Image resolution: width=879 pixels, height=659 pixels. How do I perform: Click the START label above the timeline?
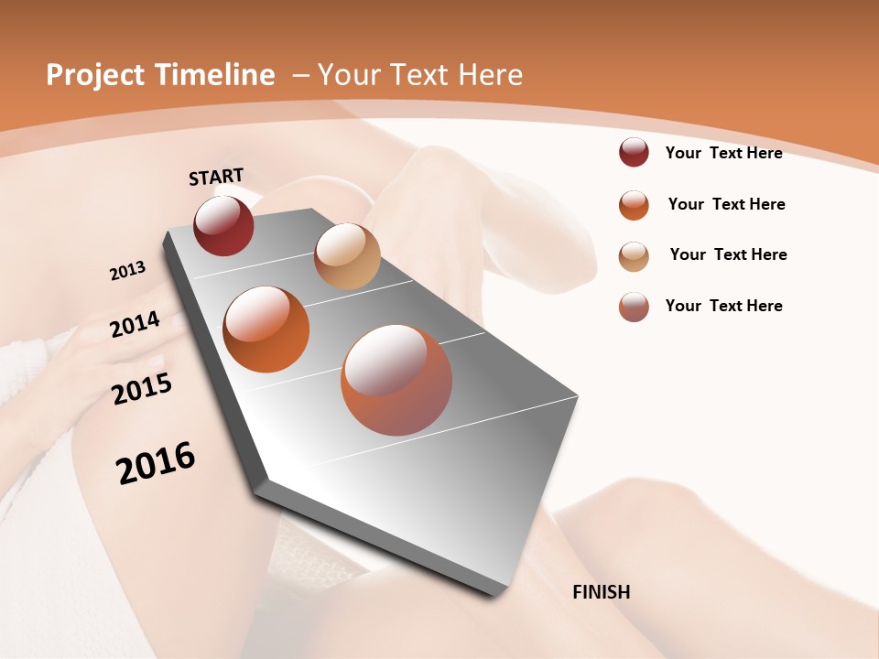click(216, 177)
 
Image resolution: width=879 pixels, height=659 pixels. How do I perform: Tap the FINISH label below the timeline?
click(602, 592)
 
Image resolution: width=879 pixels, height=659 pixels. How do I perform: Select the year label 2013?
click(127, 271)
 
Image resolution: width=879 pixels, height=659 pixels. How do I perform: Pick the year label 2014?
click(135, 324)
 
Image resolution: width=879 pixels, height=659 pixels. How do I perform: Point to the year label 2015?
click(142, 389)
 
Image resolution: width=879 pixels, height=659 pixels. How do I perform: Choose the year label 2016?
click(156, 463)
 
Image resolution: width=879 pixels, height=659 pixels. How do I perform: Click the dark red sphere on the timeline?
click(223, 225)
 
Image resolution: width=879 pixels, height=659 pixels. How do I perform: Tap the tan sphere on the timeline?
click(347, 256)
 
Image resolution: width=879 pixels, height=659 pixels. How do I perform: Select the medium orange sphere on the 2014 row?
click(266, 329)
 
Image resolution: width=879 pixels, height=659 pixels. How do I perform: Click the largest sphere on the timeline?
click(396, 380)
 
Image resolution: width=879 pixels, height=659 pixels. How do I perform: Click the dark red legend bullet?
click(634, 153)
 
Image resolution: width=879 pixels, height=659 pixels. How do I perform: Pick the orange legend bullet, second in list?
click(634, 205)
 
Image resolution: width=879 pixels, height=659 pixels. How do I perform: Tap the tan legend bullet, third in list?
click(634, 255)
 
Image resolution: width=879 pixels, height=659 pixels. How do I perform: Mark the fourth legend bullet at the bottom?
click(634, 307)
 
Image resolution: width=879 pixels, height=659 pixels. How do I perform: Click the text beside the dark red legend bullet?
click(723, 153)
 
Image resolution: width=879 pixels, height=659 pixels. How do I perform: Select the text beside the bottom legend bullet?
click(723, 306)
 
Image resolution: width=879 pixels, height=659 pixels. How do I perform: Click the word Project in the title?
click(94, 75)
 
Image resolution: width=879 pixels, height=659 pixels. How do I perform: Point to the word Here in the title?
click(491, 75)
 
